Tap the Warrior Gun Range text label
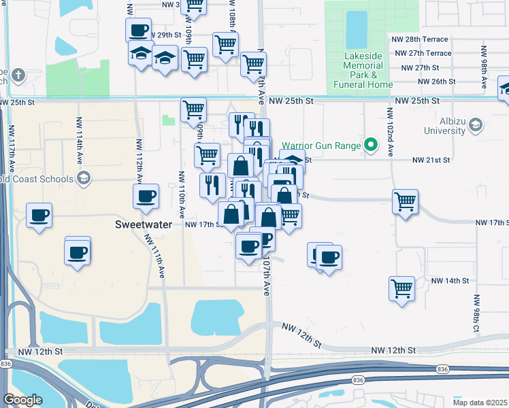click(322, 145)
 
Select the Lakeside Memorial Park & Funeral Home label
click(361, 69)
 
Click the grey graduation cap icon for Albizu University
click(476, 124)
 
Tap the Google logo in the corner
click(22, 400)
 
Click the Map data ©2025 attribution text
click(480, 402)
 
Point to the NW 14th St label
click(450, 280)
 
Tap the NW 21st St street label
click(432, 160)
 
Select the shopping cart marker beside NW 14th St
click(401, 286)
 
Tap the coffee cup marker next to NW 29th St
click(138, 30)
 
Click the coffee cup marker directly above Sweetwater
click(146, 197)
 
